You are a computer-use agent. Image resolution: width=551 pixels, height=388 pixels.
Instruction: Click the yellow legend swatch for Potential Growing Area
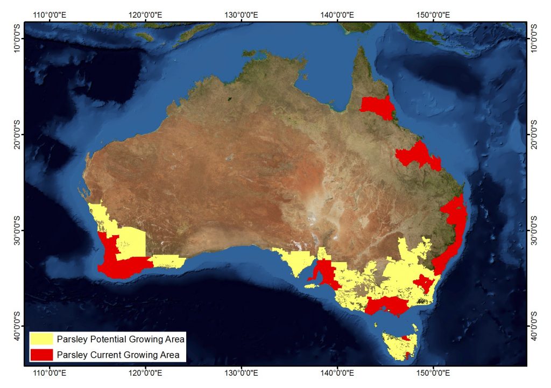click(42, 340)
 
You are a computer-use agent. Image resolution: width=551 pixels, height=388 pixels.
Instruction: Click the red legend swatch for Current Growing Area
click(42, 355)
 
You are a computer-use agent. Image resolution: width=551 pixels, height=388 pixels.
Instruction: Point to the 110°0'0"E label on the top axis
click(50, 13)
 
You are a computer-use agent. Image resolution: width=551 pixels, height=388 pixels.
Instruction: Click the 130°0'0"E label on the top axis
click(242, 13)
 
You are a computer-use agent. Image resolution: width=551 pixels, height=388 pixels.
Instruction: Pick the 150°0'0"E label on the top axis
click(433, 13)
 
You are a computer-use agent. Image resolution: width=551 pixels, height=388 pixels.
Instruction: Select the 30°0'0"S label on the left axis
click(16, 230)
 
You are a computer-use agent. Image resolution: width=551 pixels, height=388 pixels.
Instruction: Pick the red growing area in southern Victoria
click(385, 306)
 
